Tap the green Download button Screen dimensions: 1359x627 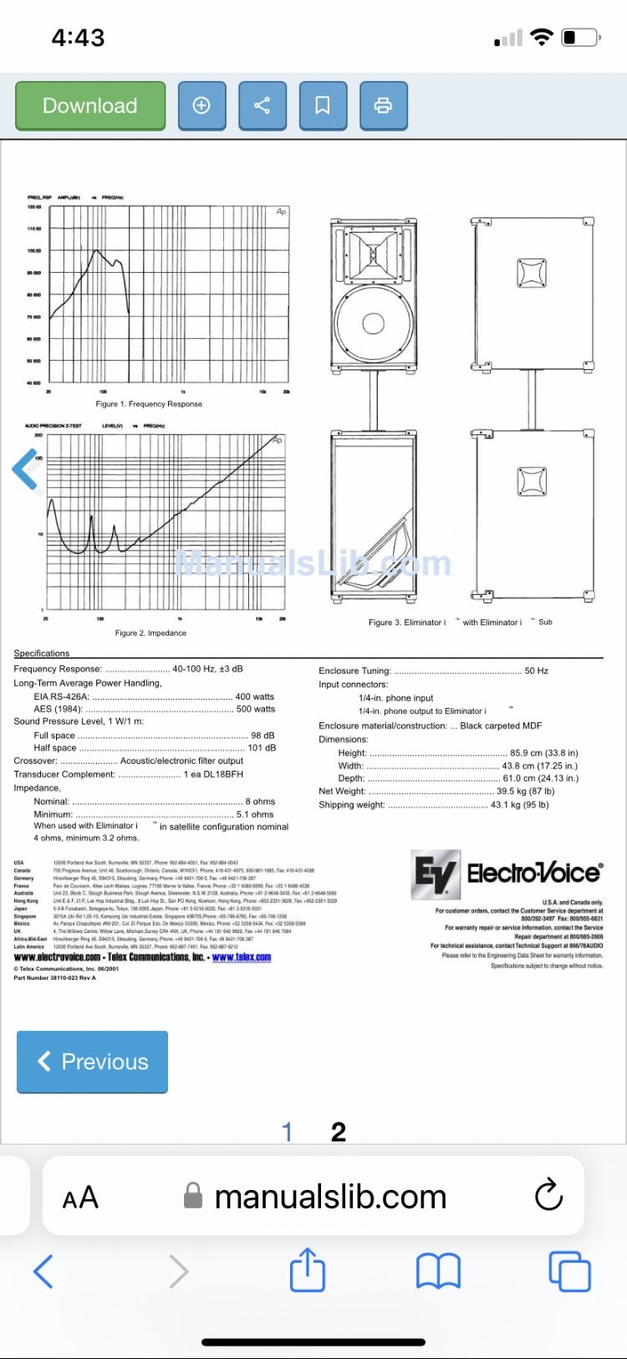(90, 106)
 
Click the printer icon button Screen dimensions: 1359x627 (383, 106)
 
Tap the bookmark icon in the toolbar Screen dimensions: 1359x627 (322, 106)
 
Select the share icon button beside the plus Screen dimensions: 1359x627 (262, 106)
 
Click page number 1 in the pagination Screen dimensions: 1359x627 (287, 1132)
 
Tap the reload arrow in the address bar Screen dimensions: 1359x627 (548, 1195)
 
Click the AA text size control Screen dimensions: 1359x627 (80, 1197)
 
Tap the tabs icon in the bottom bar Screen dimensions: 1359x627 (569, 1271)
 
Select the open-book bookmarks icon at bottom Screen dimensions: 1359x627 (438, 1271)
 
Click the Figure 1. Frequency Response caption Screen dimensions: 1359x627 (149, 404)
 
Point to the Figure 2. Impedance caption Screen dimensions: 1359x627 (150, 633)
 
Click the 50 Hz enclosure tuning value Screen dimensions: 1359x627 (536, 671)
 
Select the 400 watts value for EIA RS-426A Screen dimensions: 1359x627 (254, 697)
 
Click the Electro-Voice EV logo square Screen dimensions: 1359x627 (436, 874)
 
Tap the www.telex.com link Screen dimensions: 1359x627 (242, 957)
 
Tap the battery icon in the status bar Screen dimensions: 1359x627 (580, 38)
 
